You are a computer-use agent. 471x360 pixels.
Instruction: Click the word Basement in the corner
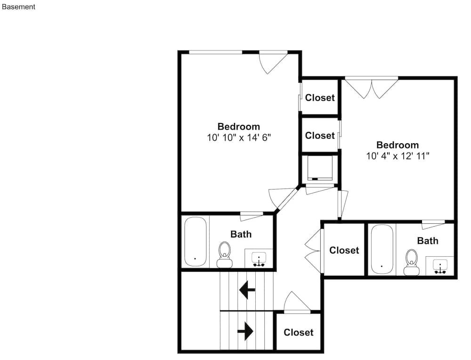coord(19,7)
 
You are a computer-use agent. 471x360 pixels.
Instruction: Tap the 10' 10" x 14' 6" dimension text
coord(239,138)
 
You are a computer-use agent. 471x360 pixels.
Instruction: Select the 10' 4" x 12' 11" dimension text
coord(398,156)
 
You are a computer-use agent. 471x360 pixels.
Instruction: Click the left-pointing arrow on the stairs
coord(247,290)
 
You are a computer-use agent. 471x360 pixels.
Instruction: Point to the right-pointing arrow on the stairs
coord(245,331)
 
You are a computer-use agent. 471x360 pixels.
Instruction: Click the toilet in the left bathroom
coord(224,255)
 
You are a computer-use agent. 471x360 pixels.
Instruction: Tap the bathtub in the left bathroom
coord(195,242)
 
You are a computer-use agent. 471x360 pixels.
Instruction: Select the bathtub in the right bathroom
coord(382,249)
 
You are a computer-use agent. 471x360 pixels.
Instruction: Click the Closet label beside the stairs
coord(299,332)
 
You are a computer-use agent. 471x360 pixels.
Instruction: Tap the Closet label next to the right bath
coord(344,250)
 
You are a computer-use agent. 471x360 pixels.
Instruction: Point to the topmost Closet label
coord(320,98)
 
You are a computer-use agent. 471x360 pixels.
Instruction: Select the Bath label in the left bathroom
coord(241,234)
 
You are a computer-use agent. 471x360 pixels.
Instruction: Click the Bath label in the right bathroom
coord(428,241)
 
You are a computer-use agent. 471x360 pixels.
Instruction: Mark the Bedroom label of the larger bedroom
coord(239,126)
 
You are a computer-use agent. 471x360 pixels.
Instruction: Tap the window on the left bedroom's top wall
coord(216,52)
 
